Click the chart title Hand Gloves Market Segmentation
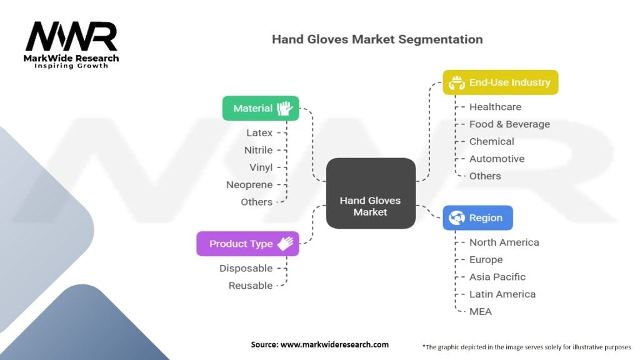(377, 39)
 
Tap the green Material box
(261, 108)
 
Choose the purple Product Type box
(247, 244)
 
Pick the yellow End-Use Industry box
(500, 82)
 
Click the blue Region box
(477, 218)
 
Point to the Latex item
(259, 133)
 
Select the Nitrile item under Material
(258, 150)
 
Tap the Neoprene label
(249, 185)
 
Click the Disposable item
(246, 268)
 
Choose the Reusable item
(250, 286)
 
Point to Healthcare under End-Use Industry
(495, 107)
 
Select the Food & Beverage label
(509, 124)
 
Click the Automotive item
(497, 159)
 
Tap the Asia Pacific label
(497, 277)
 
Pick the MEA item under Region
(481, 311)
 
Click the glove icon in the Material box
(286, 108)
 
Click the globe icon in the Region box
(457, 218)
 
